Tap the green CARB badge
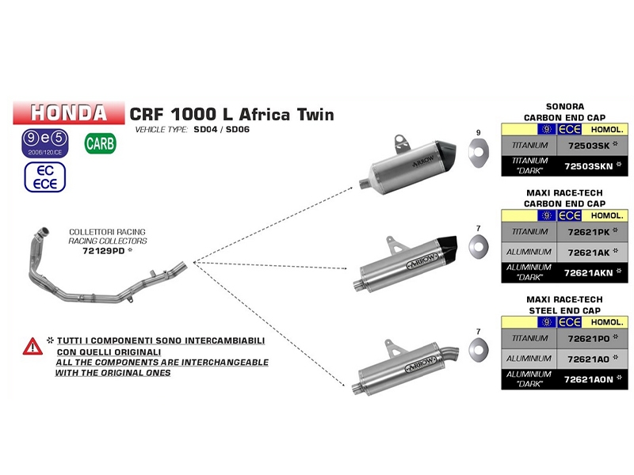(x=99, y=143)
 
